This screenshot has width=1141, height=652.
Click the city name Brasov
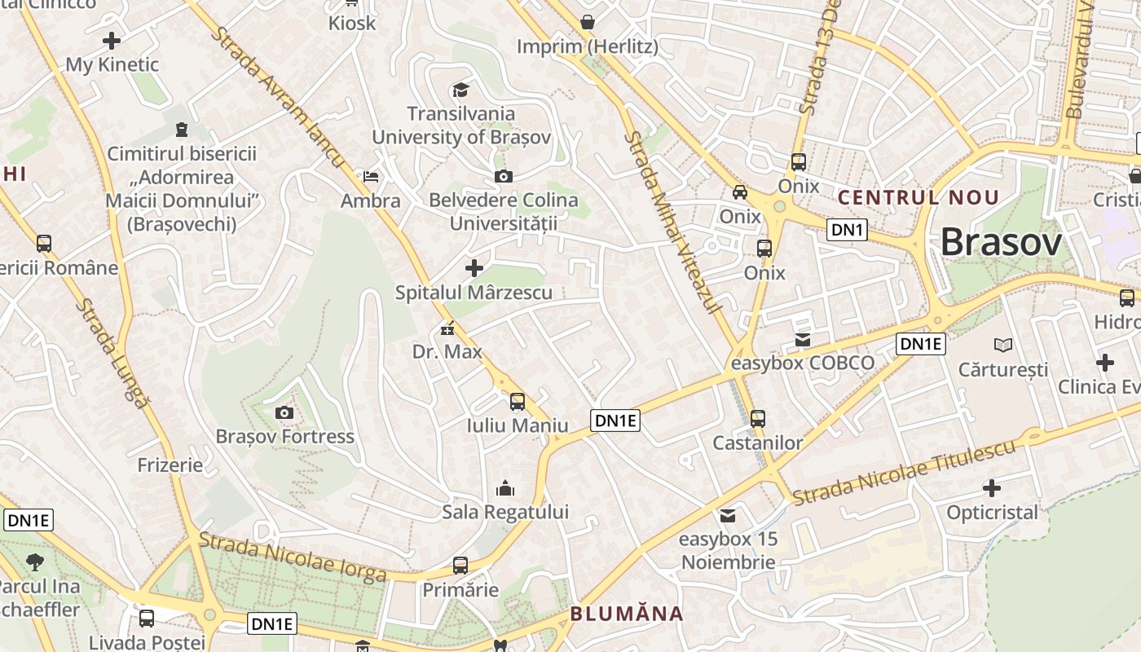[x=1001, y=242]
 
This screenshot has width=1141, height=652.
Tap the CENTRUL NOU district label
[x=919, y=197]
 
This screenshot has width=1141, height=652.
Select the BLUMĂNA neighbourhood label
[x=626, y=614]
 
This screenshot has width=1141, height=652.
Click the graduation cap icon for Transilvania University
[x=461, y=90]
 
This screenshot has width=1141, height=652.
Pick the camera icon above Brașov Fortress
[x=284, y=413]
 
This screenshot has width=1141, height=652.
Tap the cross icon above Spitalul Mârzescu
[x=474, y=267]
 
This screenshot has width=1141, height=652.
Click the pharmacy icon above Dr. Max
[x=447, y=329]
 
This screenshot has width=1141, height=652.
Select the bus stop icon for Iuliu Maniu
[x=518, y=401]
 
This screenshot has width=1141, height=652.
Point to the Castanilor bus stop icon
[x=758, y=419]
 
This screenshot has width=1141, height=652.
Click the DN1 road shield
[x=847, y=230]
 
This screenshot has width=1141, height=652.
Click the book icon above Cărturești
[x=1003, y=346]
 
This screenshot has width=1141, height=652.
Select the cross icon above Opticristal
[x=992, y=488]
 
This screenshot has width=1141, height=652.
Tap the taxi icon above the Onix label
[x=740, y=192]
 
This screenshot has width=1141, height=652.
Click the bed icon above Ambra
[x=371, y=176]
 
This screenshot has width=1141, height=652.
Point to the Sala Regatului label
[x=505, y=512]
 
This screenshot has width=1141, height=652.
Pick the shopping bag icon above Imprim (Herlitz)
[x=587, y=22]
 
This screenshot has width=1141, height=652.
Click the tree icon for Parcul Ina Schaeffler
[x=34, y=562]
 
